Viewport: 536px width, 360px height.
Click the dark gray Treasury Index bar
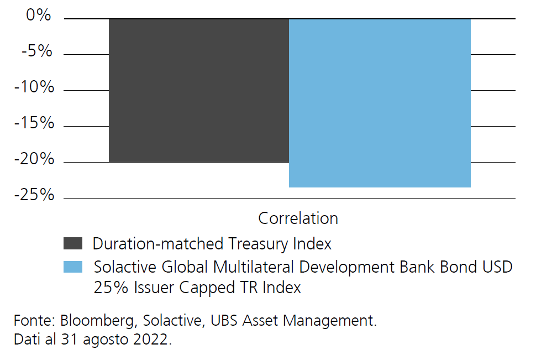tap(199, 90)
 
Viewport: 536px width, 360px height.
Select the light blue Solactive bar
tap(380, 103)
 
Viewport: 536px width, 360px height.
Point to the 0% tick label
tap(38, 15)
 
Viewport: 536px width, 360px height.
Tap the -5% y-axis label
tap(36, 51)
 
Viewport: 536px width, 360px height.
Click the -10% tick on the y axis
tap(34, 87)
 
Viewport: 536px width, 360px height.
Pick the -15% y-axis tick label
tap(34, 123)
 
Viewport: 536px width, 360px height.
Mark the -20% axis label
tap(34, 159)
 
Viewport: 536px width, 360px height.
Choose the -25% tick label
tap(34, 195)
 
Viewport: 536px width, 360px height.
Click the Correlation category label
tap(298, 218)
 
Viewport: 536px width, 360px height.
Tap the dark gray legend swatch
tap(73, 243)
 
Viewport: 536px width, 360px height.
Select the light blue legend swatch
tap(73, 267)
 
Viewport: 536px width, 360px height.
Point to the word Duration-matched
tap(158, 244)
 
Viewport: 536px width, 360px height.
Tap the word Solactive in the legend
tap(125, 267)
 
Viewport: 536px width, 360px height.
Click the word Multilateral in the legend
tap(253, 267)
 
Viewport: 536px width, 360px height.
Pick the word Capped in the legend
tap(207, 288)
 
